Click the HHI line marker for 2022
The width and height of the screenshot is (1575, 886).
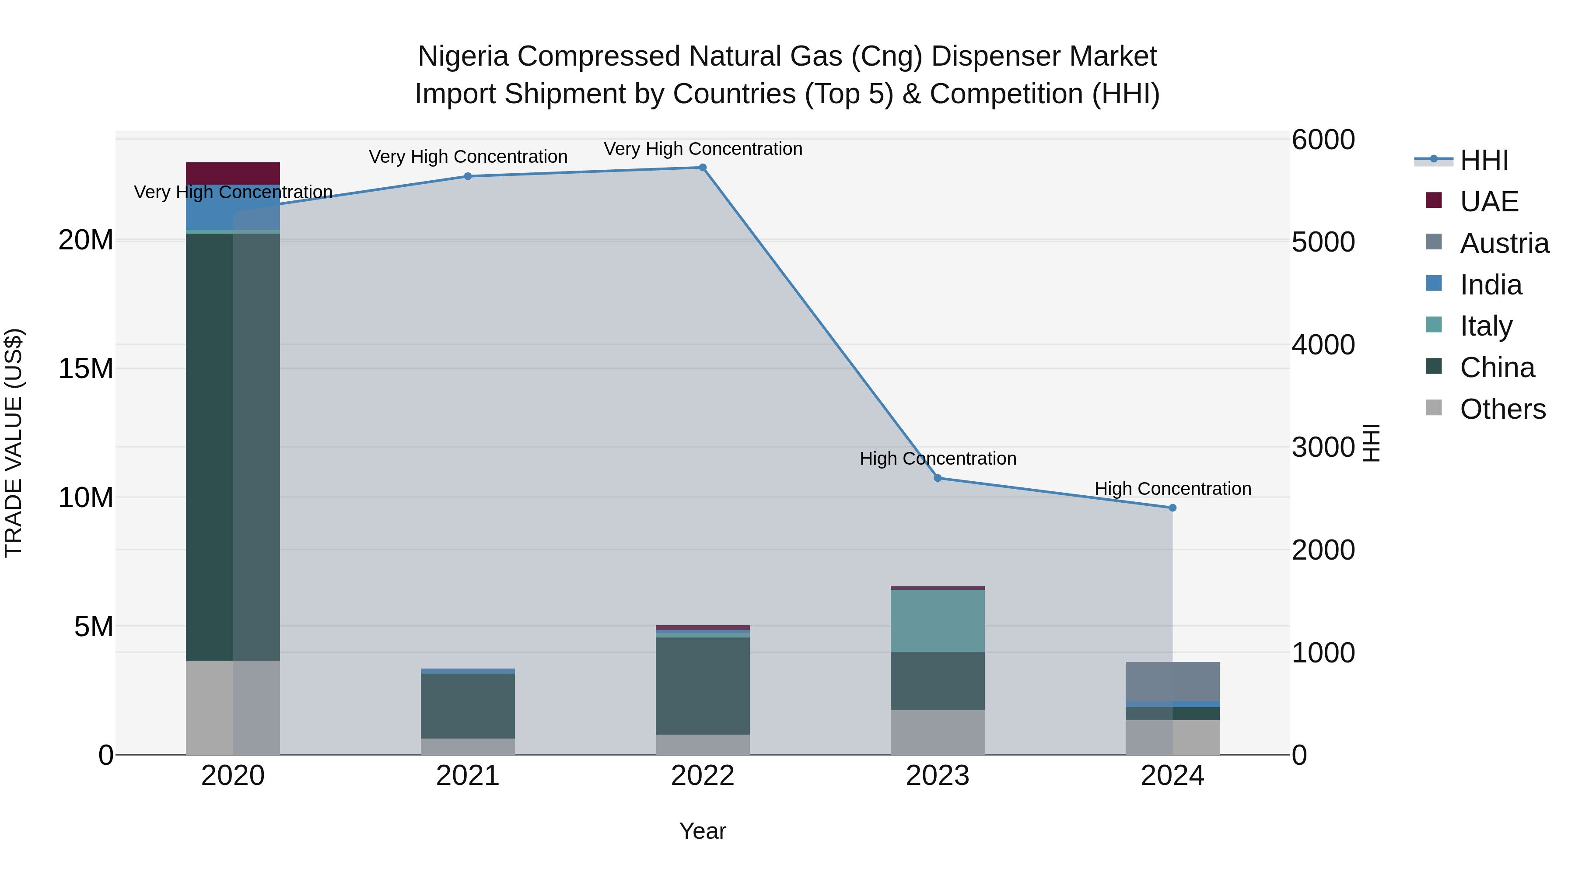(703, 168)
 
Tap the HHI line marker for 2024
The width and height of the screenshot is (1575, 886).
(1172, 508)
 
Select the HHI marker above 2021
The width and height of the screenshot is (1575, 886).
(468, 176)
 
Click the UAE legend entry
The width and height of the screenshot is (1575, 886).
(1488, 202)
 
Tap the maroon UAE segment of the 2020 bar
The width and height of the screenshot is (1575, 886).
(233, 173)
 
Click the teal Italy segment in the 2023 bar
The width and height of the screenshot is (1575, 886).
(937, 620)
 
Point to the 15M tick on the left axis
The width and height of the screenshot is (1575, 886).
(86, 369)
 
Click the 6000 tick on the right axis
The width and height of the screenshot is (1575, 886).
(1323, 140)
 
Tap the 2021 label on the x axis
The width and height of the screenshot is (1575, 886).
(468, 776)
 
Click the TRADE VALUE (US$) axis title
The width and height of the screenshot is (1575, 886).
(14, 443)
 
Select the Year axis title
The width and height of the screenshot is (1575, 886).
(703, 831)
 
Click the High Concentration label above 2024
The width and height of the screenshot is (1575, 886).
(1172, 489)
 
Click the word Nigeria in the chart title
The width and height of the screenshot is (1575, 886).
(463, 56)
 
